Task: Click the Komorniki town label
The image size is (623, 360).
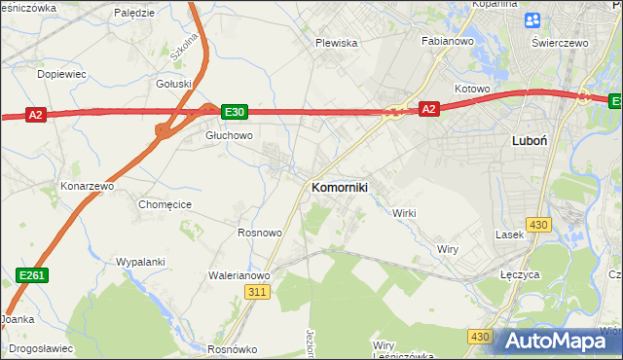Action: [x=338, y=187]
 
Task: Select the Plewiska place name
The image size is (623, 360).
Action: [x=337, y=43]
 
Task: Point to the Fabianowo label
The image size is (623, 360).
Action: [x=447, y=42]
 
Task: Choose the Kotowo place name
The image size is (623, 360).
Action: [x=472, y=89]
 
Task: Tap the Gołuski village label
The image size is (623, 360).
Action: [x=174, y=84]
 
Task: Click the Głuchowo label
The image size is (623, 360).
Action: [x=229, y=136]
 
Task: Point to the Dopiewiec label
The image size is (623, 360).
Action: [x=60, y=73]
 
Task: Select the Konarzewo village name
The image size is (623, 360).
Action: [x=88, y=185]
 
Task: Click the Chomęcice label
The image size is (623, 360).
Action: [x=165, y=204]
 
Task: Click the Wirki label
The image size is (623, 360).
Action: [x=404, y=212]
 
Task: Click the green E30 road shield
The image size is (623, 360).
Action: [x=235, y=112]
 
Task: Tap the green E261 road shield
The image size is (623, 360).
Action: [x=33, y=277]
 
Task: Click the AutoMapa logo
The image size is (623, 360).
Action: [x=558, y=341]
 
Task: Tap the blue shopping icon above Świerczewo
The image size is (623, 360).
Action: [x=532, y=20]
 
